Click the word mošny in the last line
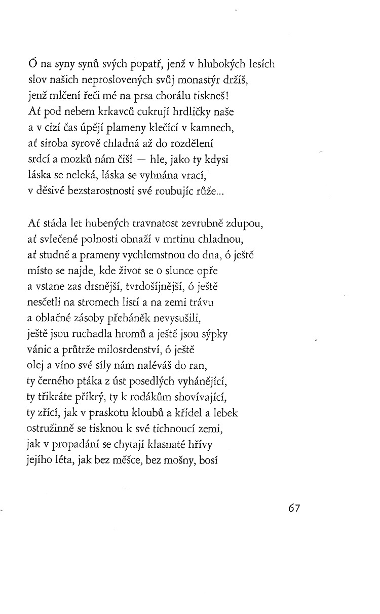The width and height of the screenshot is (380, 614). click(x=185, y=460)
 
